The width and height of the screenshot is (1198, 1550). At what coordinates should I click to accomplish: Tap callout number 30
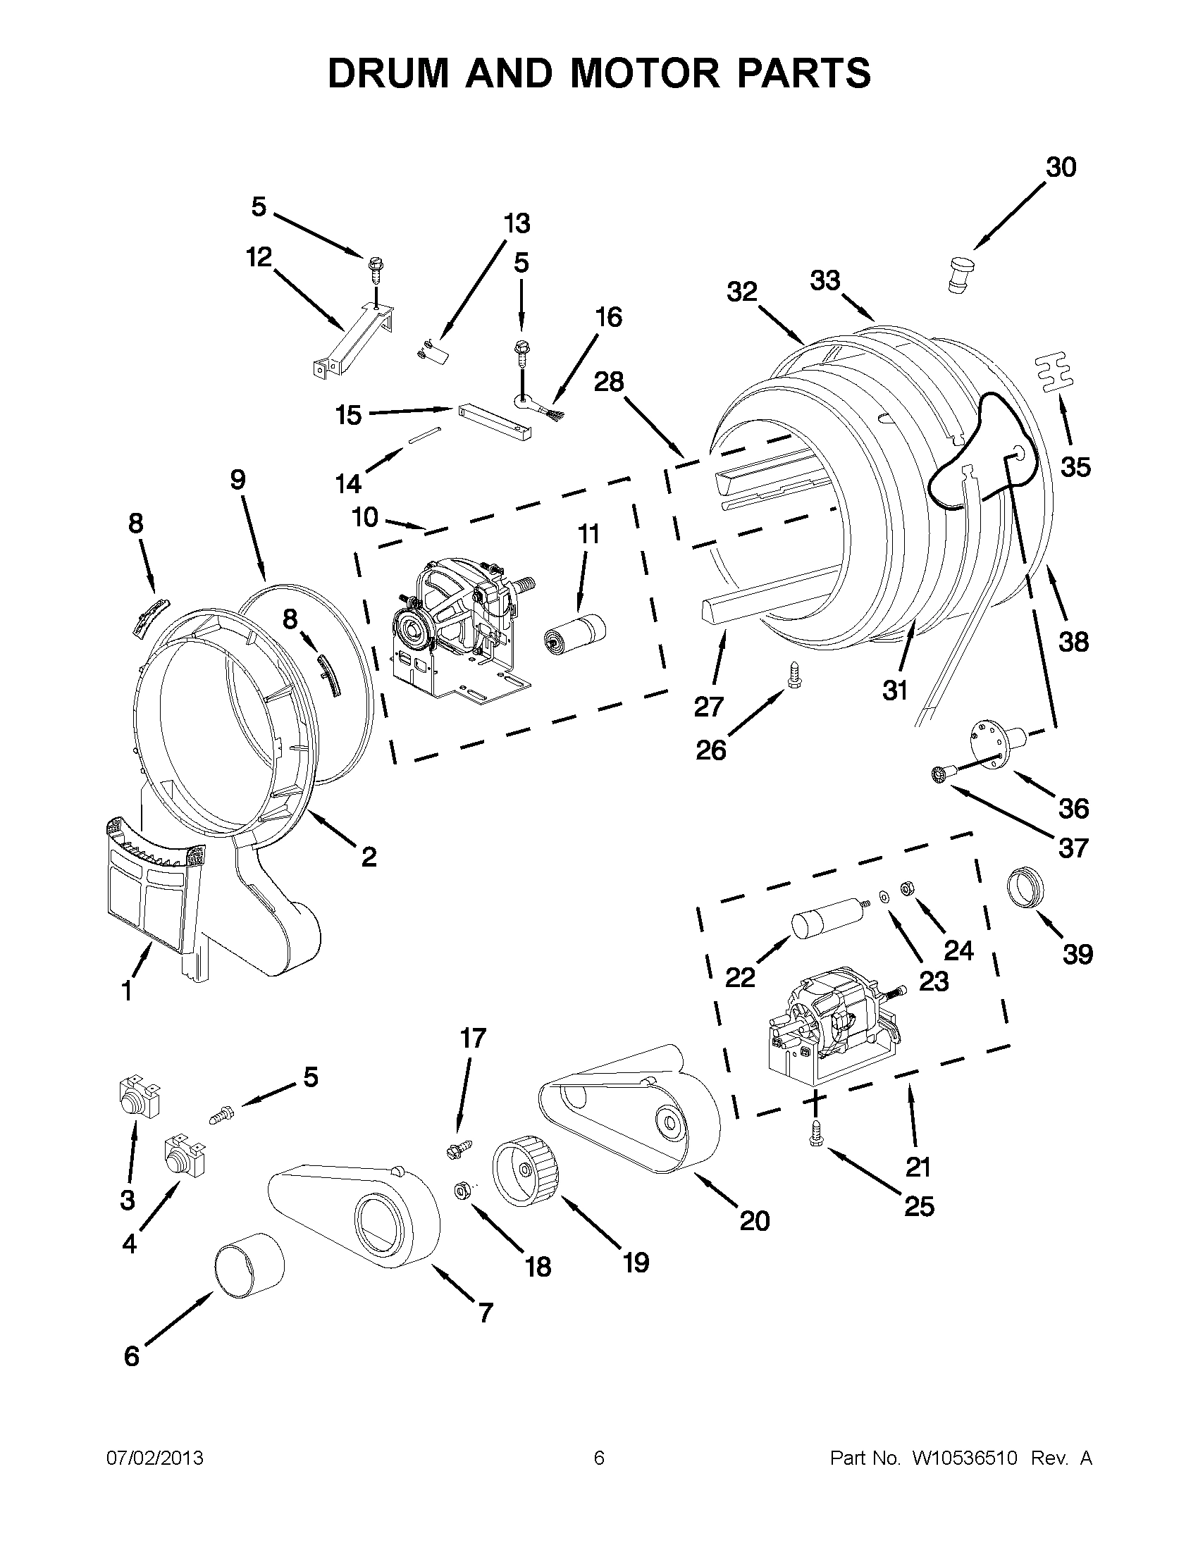point(1061,168)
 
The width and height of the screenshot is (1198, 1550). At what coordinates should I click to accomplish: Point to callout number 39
point(1077,955)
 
